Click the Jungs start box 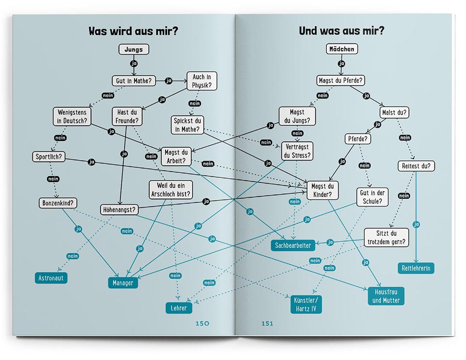(133, 50)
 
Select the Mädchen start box (342, 49)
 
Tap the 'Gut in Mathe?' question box (133, 81)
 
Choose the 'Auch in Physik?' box (201, 82)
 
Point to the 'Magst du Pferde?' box (341, 80)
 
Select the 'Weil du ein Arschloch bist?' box (170, 190)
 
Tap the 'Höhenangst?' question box (119, 210)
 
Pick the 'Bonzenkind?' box (59, 203)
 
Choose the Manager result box (123, 282)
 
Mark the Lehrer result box (178, 308)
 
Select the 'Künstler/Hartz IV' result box (306, 305)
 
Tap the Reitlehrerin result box (416, 268)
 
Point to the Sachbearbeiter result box (293, 246)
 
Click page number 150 (202, 324)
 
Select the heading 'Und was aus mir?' (342, 31)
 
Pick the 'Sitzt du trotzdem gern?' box (385, 238)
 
